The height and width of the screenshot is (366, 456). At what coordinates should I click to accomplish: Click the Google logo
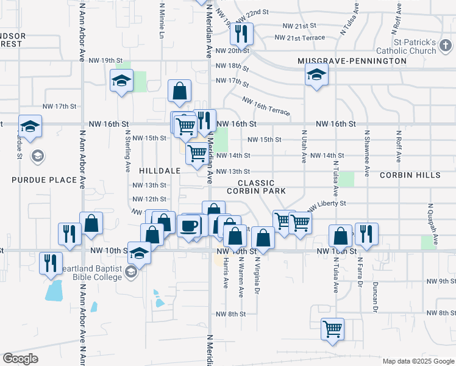click(x=20, y=359)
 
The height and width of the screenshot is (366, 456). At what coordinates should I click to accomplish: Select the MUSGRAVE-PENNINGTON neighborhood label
click(x=352, y=61)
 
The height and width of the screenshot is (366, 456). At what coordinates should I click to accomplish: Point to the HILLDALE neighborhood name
click(x=160, y=171)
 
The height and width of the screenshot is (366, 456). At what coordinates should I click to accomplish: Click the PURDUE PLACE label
click(x=45, y=180)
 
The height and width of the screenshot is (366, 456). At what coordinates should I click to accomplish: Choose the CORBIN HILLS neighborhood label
click(x=410, y=175)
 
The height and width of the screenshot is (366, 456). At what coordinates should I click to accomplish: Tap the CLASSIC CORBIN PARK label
click(x=256, y=187)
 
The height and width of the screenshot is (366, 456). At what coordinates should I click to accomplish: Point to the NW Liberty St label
click(x=327, y=204)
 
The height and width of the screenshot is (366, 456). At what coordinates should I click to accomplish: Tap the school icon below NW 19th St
click(x=121, y=81)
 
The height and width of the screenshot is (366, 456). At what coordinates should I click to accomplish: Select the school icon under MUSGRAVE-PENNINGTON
click(x=316, y=76)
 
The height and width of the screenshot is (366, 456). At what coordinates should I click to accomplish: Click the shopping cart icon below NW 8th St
click(x=332, y=329)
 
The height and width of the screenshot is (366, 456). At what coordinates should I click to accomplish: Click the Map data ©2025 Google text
click(x=418, y=361)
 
